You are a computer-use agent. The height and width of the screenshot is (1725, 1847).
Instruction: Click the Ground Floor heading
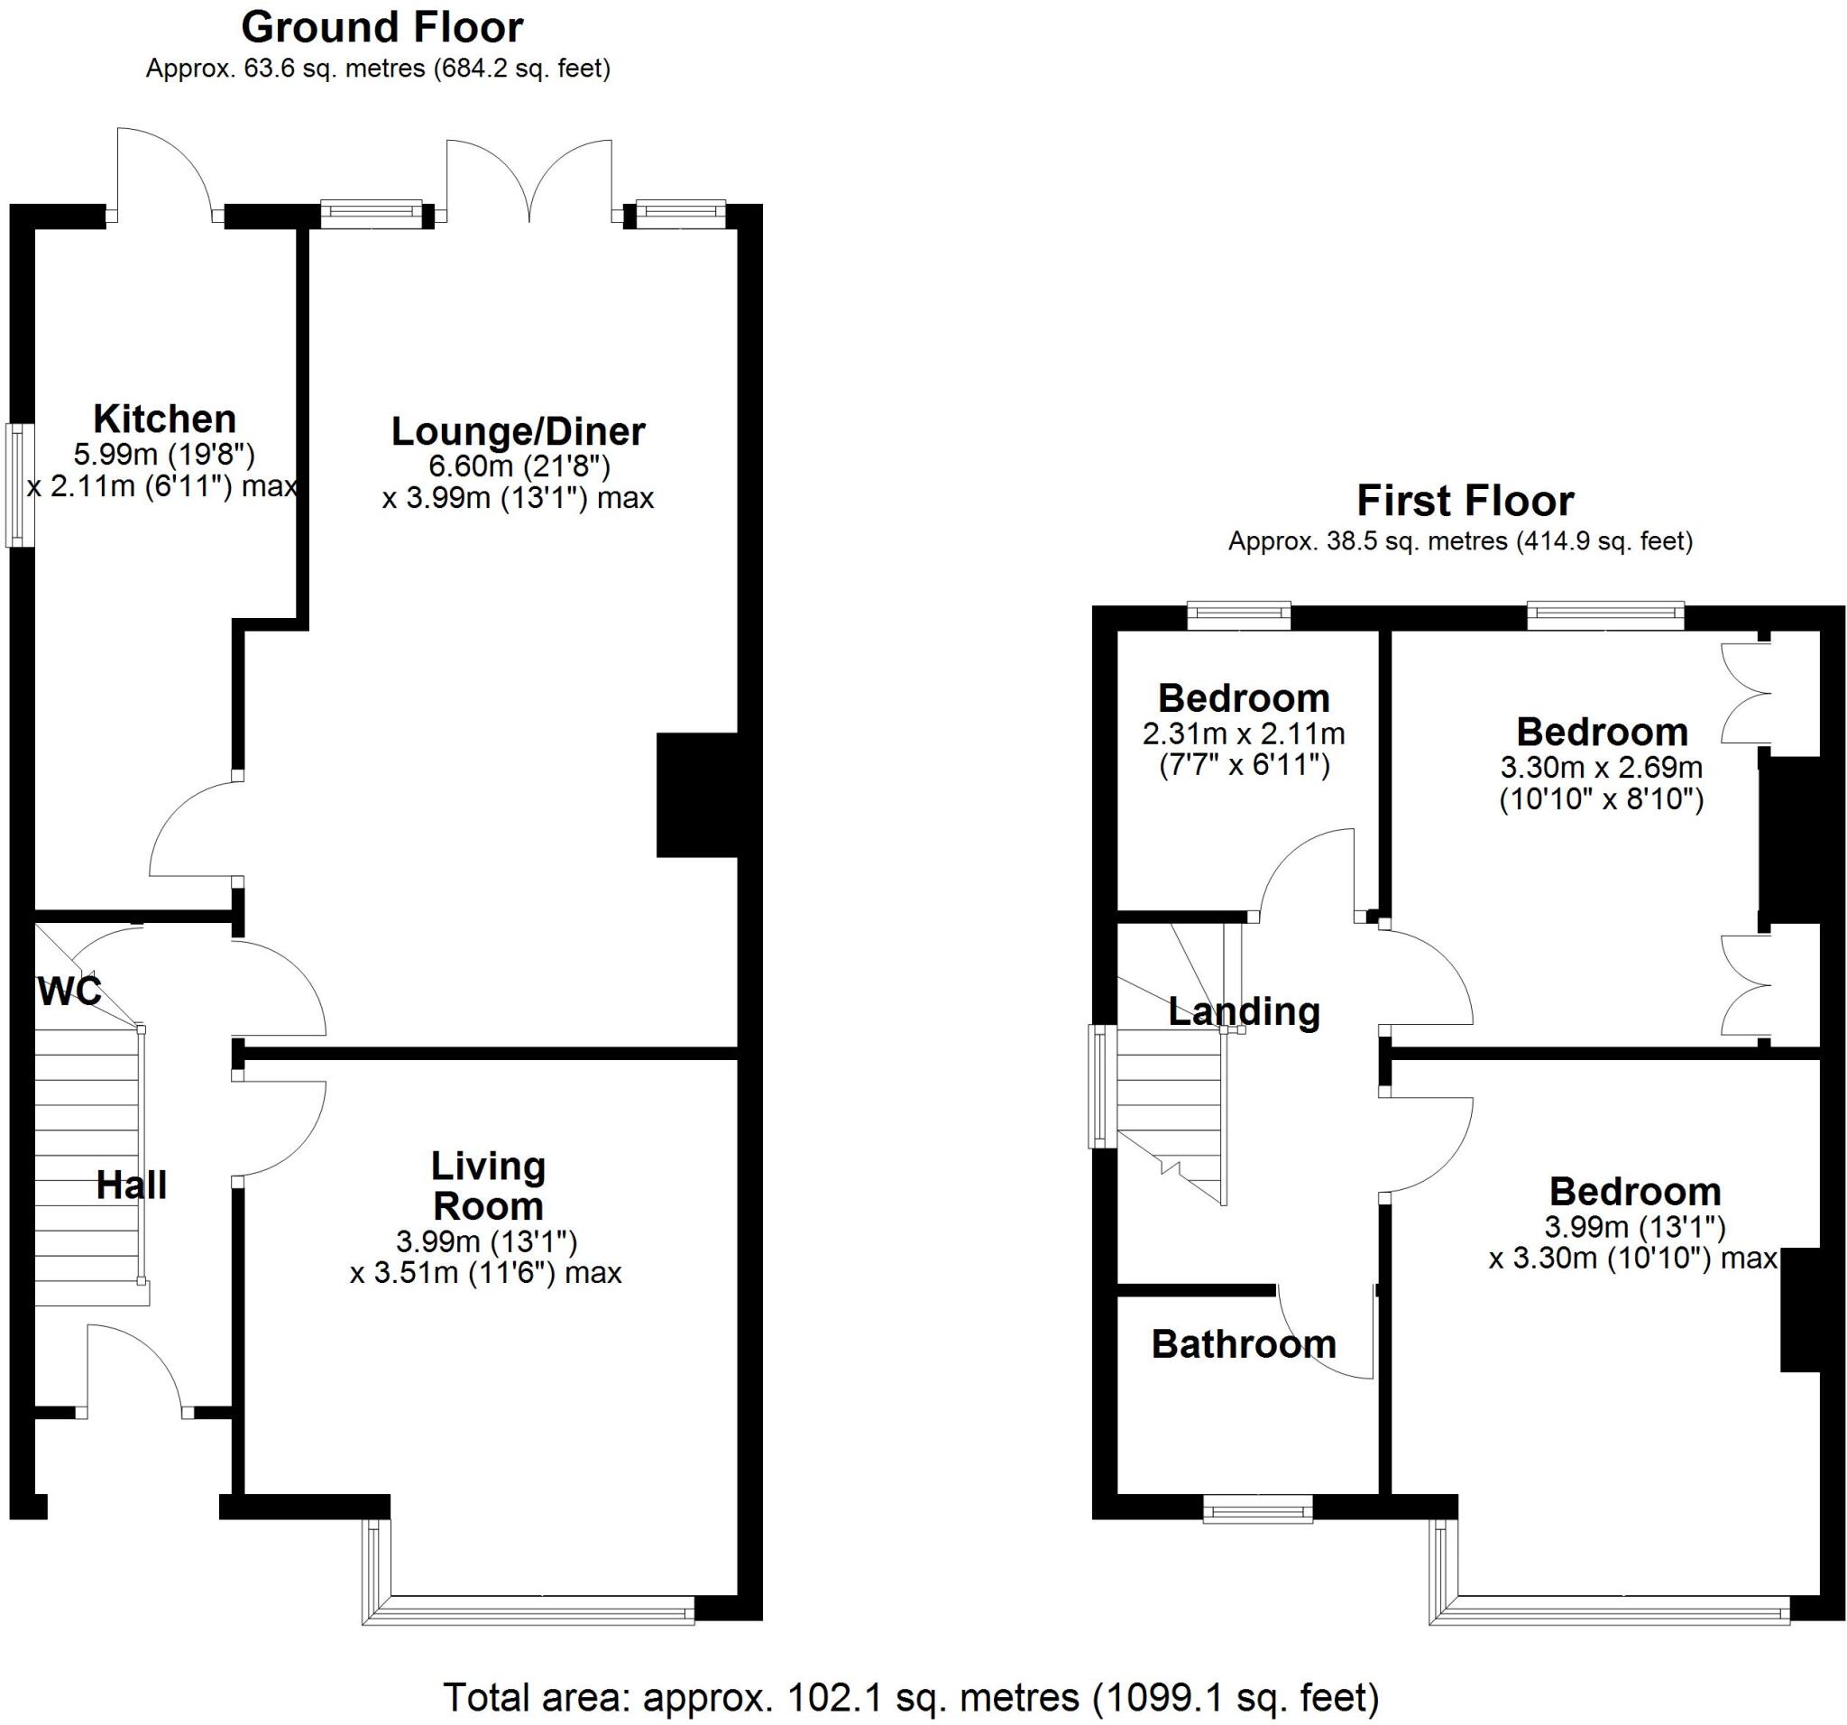[x=381, y=29]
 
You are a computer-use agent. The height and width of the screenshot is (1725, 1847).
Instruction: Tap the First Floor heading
[x=1466, y=502]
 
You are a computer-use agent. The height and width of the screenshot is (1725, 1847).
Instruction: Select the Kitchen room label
[x=164, y=420]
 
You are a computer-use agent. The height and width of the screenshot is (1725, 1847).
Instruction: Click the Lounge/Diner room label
[x=518, y=431]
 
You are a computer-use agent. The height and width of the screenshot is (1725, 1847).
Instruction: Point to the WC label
[x=69, y=992]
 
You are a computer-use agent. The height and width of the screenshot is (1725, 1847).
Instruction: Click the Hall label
[x=132, y=1185]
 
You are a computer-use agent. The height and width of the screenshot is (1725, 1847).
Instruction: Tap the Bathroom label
[x=1243, y=1345]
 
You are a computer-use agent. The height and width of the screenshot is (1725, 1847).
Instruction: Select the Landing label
[x=1243, y=1011]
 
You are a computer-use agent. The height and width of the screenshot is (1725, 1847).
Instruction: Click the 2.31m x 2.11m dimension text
[x=1243, y=734]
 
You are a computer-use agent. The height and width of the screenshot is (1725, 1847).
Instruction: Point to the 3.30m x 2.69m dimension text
[x=1601, y=768]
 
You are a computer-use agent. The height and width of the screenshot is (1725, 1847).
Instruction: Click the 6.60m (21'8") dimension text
[x=518, y=465]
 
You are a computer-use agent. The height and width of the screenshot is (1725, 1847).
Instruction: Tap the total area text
[x=911, y=1697]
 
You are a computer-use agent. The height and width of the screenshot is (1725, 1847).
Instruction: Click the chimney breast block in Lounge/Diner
[x=696, y=796]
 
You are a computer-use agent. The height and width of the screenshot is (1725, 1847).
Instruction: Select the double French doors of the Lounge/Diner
[x=528, y=186]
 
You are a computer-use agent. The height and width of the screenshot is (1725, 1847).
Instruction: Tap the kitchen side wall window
[x=20, y=485]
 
